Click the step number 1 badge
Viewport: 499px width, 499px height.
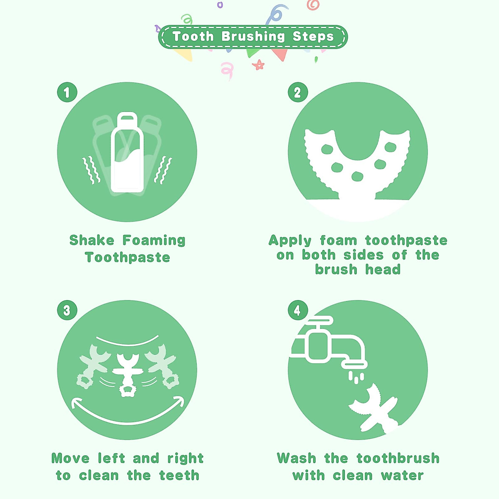tap(67, 92)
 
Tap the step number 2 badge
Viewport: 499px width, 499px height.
tap(298, 92)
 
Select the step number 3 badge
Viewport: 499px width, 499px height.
tap(67, 310)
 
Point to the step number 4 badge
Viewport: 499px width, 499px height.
tap(298, 310)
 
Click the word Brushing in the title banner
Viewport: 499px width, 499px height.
tap(253, 37)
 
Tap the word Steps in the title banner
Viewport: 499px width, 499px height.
tap(313, 37)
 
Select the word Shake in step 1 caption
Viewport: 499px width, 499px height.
tap(91, 240)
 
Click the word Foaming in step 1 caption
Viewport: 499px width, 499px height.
tap(154, 241)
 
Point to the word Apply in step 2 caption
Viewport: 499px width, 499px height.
tap(290, 241)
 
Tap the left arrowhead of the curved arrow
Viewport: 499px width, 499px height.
tap(74, 402)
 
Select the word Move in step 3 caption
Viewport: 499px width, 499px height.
tap(70, 458)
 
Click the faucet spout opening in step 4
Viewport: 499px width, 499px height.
tap(354, 365)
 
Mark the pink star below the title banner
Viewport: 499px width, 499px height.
tap(258, 65)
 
